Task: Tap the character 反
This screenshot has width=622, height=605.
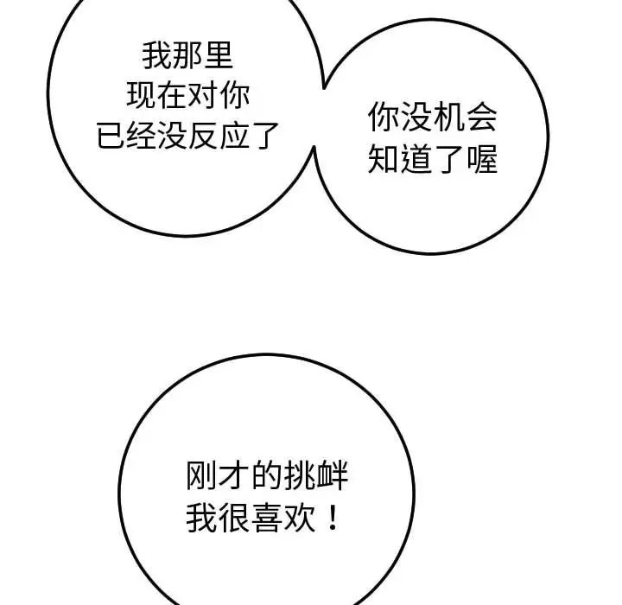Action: click(x=205, y=135)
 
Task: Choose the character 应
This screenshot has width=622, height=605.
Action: click(x=236, y=135)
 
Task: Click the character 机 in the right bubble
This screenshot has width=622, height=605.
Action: click(x=448, y=119)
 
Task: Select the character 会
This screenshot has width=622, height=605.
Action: click(x=480, y=119)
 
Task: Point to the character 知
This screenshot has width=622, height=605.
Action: click(x=384, y=159)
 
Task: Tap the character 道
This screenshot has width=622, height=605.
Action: click(x=416, y=159)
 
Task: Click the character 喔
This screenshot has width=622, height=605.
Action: click(x=481, y=159)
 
